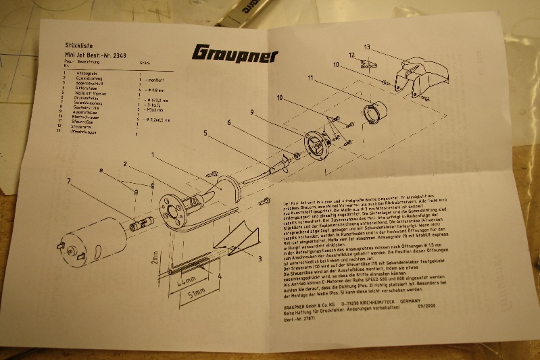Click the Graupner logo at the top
tap(235, 54)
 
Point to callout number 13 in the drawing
tap(367, 47)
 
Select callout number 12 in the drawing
tap(352, 55)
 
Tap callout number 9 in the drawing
tap(251, 111)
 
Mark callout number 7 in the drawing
tap(68, 180)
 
